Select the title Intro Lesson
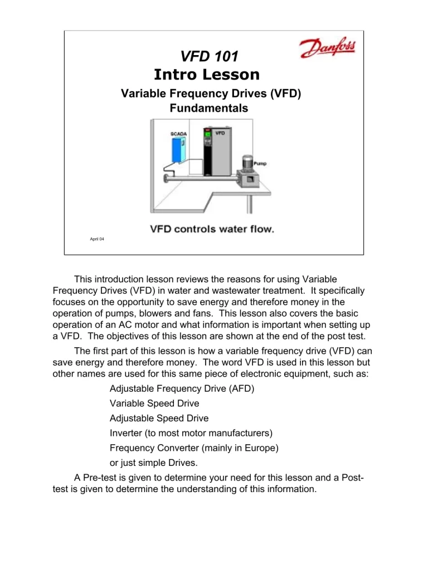click(x=207, y=75)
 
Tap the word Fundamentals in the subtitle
click(x=209, y=109)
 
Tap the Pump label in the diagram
click(x=260, y=164)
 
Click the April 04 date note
click(x=97, y=239)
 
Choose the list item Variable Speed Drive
click(x=154, y=404)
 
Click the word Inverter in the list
click(x=127, y=433)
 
